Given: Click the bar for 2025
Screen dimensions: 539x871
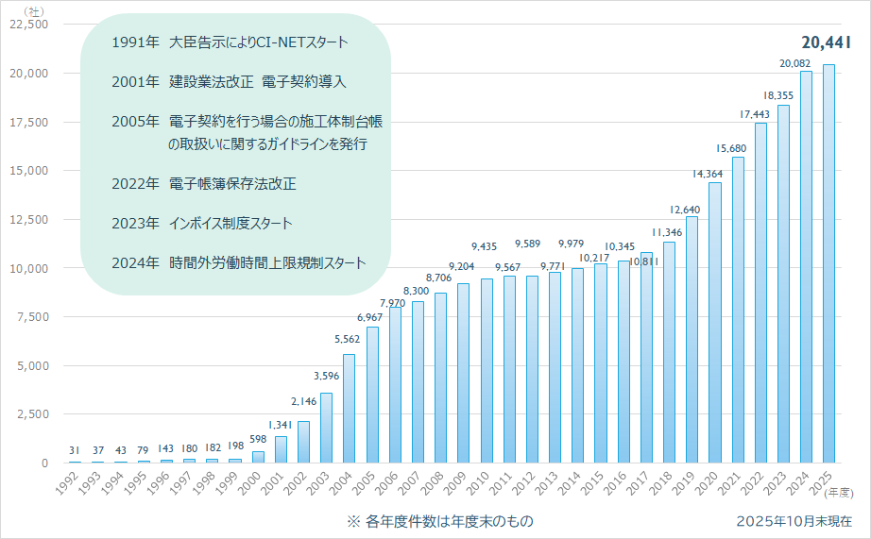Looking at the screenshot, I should (x=828, y=264).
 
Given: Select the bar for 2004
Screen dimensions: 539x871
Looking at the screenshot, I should (x=349, y=409).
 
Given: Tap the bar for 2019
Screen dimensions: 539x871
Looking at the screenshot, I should (x=692, y=340).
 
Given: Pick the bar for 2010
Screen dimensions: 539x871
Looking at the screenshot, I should (x=487, y=371).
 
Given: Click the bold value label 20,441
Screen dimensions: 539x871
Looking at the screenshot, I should (x=826, y=42).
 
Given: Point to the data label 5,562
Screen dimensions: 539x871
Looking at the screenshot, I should (x=348, y=340).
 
